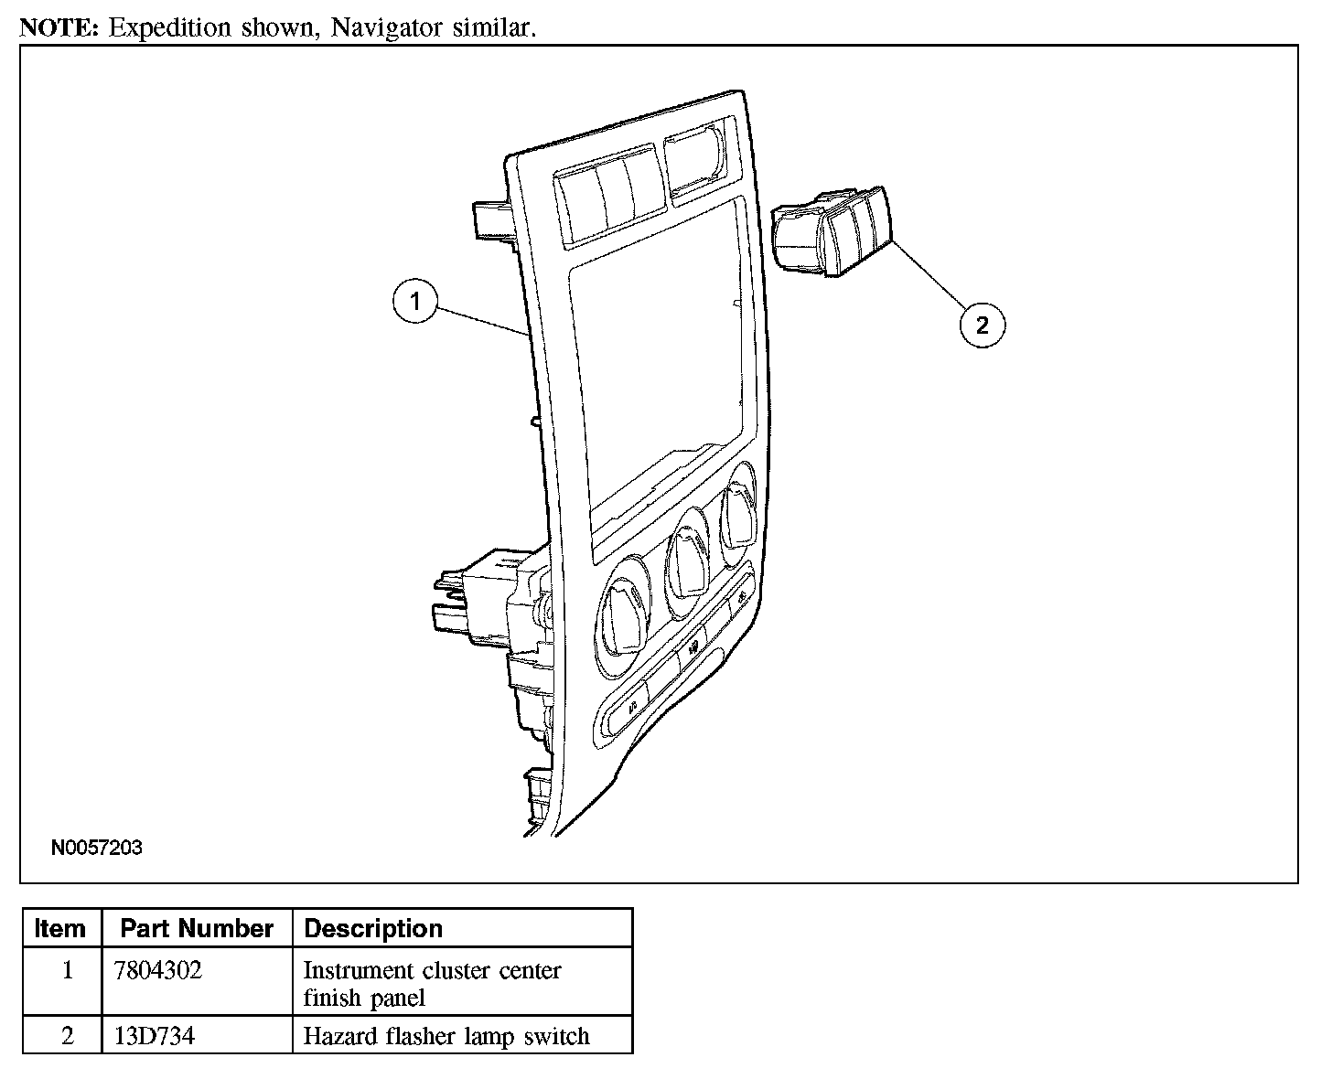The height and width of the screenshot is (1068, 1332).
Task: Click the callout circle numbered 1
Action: point(415,302)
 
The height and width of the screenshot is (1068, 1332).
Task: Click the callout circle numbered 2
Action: point(983,325)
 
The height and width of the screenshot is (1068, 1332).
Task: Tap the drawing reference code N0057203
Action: point(97,848)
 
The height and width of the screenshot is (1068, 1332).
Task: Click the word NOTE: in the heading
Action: point(59,27)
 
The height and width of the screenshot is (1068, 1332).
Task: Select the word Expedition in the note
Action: point(169,28)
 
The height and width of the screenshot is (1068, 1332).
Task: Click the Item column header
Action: point(60,929)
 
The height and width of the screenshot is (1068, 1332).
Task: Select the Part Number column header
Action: point(197,929)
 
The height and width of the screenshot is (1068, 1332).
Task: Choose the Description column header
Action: point(373,929)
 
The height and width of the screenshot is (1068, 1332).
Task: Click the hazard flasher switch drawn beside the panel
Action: point(832,230)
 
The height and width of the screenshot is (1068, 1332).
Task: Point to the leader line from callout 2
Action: point(928,274)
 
